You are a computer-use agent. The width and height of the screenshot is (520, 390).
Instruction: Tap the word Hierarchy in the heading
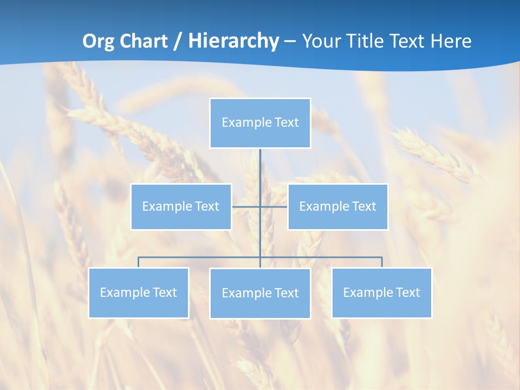click(233, 41)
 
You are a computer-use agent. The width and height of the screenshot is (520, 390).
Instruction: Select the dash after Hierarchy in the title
click(290, 41)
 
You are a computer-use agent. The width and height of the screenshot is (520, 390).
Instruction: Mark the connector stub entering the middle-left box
click(238, 206)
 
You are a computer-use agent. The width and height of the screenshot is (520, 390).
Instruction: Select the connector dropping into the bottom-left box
click(138, 262)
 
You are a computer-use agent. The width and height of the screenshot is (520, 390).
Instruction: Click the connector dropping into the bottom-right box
click(382, 262)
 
